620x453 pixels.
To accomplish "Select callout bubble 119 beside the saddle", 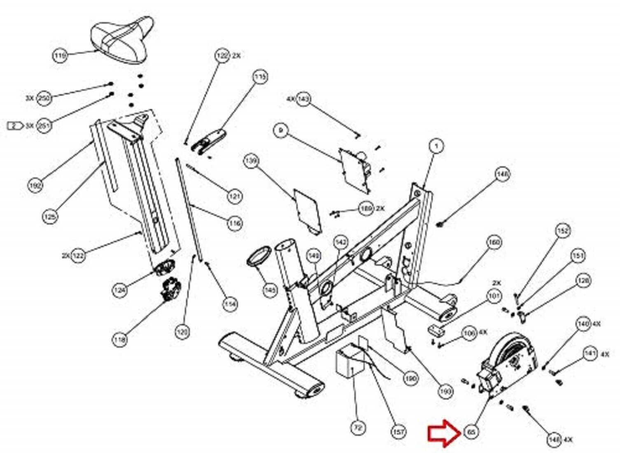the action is (x=60, y=55).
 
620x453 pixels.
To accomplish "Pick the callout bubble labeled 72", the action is (x=358, y=428).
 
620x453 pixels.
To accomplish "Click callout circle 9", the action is (x=281, y=131).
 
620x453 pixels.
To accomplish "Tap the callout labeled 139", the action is (x=251, y=161).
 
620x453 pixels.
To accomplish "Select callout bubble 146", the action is (x=502, y=175).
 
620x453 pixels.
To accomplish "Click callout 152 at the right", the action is (x=563, y=231).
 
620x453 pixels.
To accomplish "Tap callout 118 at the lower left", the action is (x=120, y=340).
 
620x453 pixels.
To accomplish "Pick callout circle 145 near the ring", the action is (x=270, y=291).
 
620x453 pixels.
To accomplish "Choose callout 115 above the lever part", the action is (x=260, y=77).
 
